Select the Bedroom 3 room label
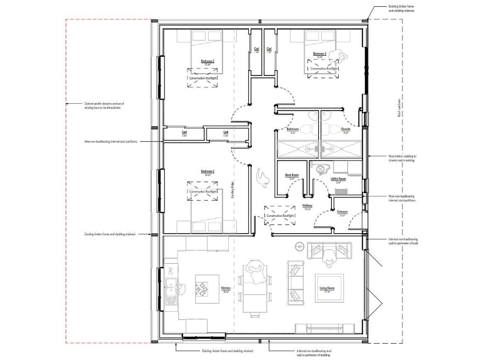click(207, 171)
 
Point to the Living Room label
click(328, 288)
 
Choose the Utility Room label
click(338, 179)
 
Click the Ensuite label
click(345, 129)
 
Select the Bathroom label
click(292, 129)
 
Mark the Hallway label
click(307, 205)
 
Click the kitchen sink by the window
click(171, 288)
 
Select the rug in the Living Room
click(328, 287)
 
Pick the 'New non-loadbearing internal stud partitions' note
click(111, 141)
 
